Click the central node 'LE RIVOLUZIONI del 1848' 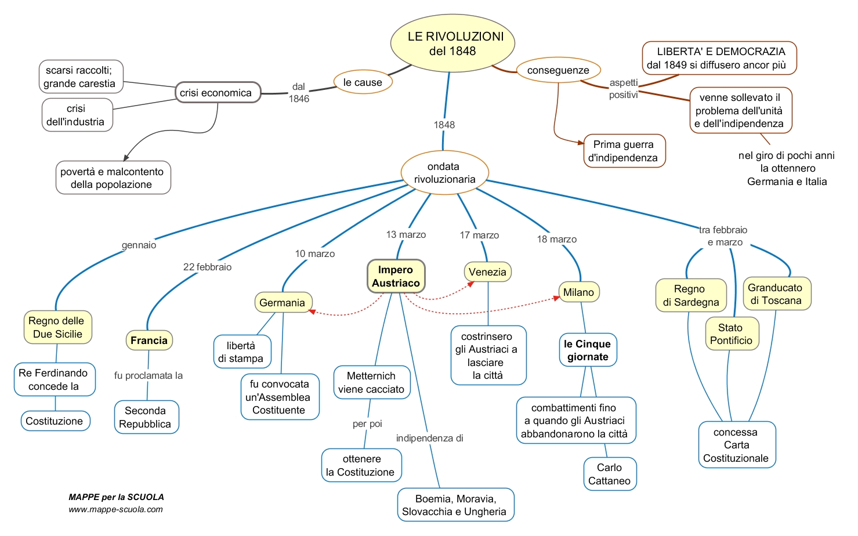tap(452, 44)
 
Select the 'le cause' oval tap(363, 82)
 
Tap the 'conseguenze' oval tap(558, 70)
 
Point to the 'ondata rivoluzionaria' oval tap(445, 172)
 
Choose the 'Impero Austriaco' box tap(396, 276)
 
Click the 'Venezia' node tap(488, 272)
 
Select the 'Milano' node tap(579, 292)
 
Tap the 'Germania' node tap(283, 302)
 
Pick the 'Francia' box tap(149, 340)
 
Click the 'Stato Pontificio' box tap(732, 334)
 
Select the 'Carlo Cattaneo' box tap(610, 474)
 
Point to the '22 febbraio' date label tap(207, 267)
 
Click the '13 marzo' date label tap(406, 234)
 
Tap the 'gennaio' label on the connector tap(139, 245)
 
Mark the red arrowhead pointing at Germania tap(312, 312)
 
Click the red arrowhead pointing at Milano tap(556, 298)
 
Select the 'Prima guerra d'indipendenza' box tap(624, 151)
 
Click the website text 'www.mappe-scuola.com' tap(115, 509)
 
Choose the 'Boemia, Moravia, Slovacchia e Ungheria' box tap(456, 505)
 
